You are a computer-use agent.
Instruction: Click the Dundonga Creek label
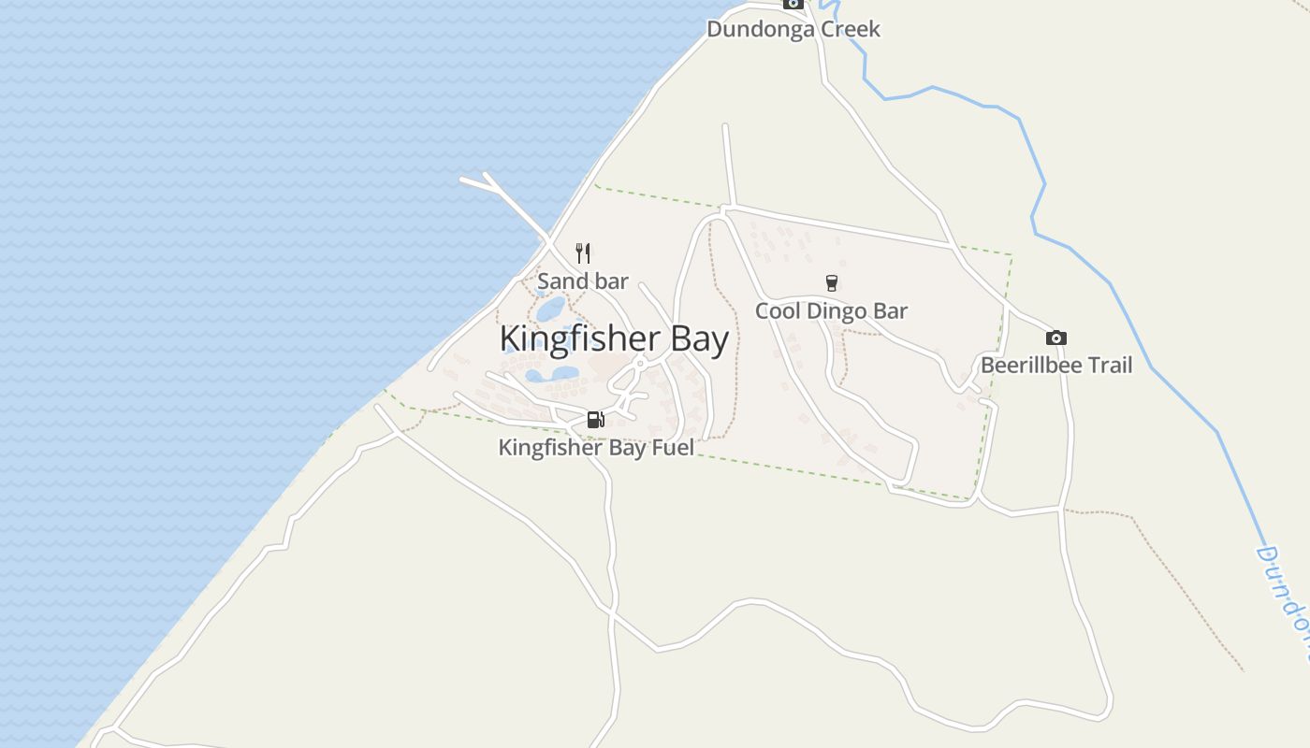pos(793,29)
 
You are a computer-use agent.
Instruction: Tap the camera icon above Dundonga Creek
pos(793,4)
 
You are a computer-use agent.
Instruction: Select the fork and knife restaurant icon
pos(583,252)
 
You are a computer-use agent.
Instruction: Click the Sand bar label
pos(582,280)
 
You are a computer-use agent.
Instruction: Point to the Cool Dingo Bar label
pos(831,310)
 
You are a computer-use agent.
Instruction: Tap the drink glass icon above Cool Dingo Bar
pos(831,283)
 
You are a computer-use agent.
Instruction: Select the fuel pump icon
pos(595,420)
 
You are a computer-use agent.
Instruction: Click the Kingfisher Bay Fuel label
pos(596,447)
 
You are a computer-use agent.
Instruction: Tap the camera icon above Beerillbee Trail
pos(1056,338)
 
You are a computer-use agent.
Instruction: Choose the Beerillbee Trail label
pos(1056,365)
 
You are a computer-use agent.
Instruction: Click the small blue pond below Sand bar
pos(550,308)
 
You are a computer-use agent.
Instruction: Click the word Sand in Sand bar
pos(562,280)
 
